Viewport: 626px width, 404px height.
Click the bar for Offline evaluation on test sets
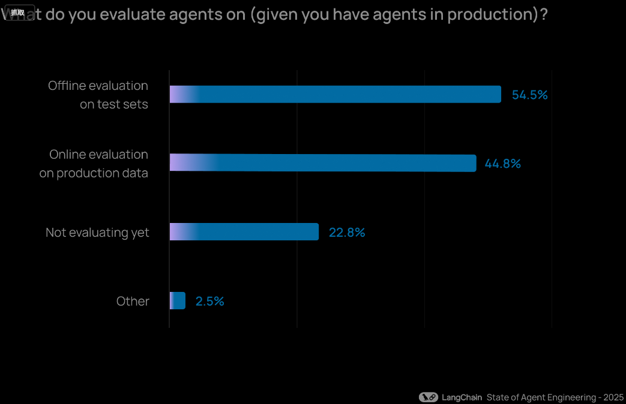coord(335,94)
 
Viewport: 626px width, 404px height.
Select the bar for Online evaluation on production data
coord(322,163)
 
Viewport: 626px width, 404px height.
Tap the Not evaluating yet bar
coord(244,232)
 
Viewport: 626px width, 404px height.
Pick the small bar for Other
coord(178,301)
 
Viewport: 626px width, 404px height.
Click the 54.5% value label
coord(529,95)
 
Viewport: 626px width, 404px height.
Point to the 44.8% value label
coord(502,164)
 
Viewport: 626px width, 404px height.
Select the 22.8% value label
coord(347,233)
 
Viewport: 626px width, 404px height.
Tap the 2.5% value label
coord(209,302)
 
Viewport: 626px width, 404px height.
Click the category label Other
coord(133,301)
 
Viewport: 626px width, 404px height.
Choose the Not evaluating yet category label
coord(97,233)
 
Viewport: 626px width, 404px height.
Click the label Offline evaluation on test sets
coord(98,95)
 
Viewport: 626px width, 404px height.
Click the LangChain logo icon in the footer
coord(428,397)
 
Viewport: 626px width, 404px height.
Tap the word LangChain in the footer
coord(462,397)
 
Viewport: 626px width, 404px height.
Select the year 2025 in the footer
coord(613,397)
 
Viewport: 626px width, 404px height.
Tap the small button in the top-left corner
coord(18,13)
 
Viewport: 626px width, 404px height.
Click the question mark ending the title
coord(544,14)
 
